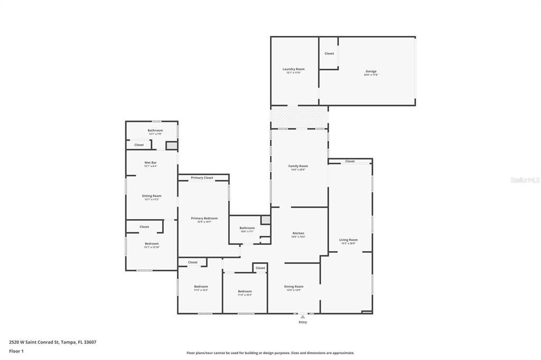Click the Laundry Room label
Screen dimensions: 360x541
294,69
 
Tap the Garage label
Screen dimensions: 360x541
371,71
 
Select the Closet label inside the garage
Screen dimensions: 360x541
329,53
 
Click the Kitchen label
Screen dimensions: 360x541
299,233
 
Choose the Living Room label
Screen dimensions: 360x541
348,240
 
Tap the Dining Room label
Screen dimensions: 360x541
294,286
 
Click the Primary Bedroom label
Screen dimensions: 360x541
204,218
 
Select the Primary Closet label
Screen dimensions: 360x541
202,178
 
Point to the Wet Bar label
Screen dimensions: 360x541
151,162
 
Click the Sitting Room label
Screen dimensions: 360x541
152,196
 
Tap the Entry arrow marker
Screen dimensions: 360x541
303,317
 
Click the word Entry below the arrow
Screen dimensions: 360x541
303,322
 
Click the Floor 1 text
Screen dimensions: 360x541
16,350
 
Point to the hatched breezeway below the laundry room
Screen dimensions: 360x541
299,117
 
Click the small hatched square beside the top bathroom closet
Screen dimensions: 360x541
172,145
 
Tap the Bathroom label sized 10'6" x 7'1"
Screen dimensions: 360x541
247,228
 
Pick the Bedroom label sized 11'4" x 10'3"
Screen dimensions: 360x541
245,291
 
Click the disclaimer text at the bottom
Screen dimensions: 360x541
270,353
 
